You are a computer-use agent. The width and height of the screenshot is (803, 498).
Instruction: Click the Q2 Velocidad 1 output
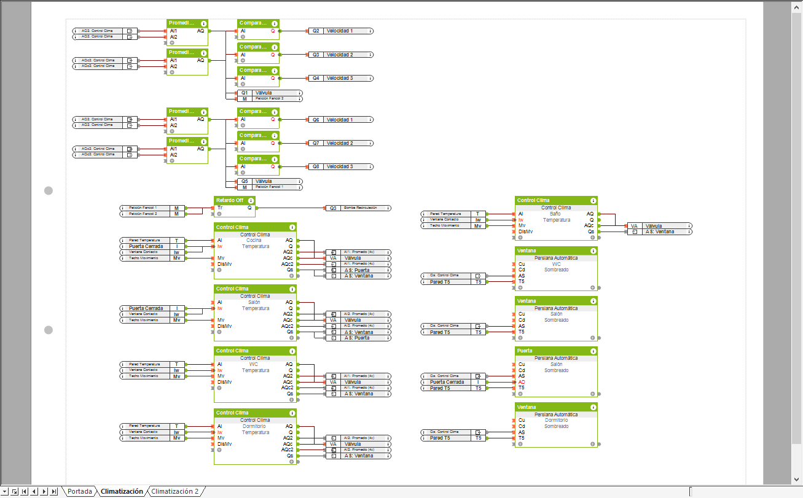340,31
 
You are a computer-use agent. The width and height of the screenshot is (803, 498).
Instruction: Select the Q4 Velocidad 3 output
340,79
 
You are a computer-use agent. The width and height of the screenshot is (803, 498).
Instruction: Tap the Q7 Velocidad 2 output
340,143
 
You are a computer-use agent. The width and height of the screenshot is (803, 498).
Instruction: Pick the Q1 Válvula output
270,93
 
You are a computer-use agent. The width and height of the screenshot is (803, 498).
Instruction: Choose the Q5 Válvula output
270,181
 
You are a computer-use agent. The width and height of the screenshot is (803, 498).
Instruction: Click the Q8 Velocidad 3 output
340,167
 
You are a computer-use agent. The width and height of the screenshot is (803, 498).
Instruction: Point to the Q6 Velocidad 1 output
340,120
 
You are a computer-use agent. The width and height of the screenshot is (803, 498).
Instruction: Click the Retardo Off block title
230,200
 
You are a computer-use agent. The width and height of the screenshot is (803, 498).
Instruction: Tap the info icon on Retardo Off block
251,201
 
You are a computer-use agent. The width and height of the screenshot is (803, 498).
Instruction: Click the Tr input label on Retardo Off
220,208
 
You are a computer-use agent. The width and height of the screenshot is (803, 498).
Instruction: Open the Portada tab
80,491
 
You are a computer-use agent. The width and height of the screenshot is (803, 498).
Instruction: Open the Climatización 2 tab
175,491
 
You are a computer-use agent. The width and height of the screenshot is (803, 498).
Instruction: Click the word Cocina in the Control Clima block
254,240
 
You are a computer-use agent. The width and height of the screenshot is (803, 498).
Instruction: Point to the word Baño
556,214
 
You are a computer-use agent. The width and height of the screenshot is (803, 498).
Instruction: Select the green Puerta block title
525,351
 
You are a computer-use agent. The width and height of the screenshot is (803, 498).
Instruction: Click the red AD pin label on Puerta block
522,382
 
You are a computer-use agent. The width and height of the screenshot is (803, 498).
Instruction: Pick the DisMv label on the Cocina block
224,264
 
